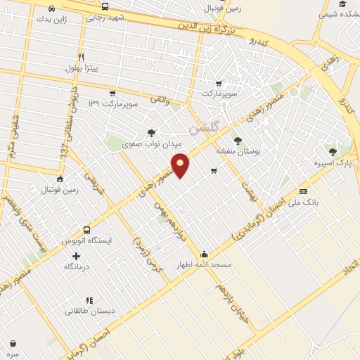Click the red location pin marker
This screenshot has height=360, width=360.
coord(181,166)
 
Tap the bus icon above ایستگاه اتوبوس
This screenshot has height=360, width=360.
coord(86,229)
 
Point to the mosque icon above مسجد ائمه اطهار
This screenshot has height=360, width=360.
coord(205,254)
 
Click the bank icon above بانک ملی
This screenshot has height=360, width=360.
coord(303,191)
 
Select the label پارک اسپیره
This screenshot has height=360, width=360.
coord(334,162)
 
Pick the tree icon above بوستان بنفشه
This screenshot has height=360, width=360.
coord(238,141)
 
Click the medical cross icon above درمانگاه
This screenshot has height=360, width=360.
coord(76,256)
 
